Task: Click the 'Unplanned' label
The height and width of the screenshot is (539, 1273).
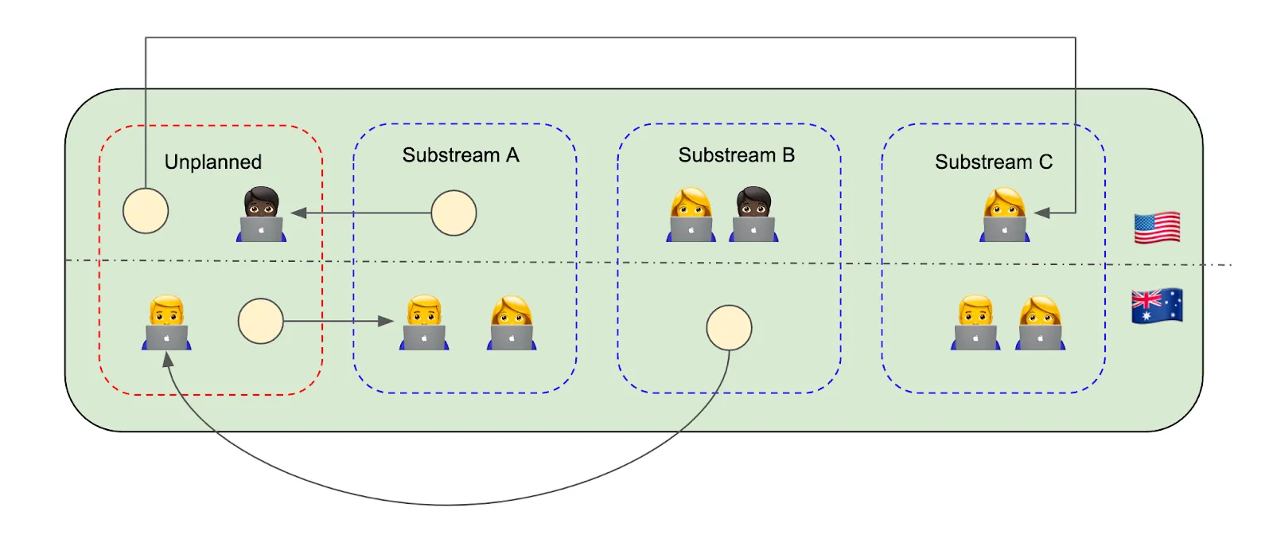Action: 212,162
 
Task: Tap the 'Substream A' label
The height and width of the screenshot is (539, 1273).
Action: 461,155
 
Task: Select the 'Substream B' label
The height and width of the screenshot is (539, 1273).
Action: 736,155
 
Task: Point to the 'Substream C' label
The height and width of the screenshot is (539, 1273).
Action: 994,162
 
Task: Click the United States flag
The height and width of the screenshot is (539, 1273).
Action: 1157,228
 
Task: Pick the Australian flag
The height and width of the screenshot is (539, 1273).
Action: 1157,306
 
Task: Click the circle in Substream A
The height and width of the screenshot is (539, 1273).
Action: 454,213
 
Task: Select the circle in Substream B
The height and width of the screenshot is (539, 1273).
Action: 729,328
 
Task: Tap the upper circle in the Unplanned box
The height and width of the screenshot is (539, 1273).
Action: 146,211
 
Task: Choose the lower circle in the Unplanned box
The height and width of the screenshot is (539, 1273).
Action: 260,321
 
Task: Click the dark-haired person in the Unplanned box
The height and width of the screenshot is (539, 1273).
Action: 261,215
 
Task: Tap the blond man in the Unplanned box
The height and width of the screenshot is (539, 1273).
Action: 167,323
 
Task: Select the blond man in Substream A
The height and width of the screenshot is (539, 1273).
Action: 424,323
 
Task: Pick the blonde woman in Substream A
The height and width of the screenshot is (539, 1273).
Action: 512,323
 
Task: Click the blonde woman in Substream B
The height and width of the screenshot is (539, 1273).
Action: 691,215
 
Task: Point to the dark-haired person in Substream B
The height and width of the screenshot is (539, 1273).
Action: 753,215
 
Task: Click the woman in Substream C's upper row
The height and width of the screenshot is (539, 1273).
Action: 1005,215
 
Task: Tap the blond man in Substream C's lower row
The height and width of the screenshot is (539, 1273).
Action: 975,323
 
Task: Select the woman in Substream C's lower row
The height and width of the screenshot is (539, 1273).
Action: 1040,323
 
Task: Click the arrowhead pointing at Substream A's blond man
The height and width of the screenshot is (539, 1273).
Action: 387,321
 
